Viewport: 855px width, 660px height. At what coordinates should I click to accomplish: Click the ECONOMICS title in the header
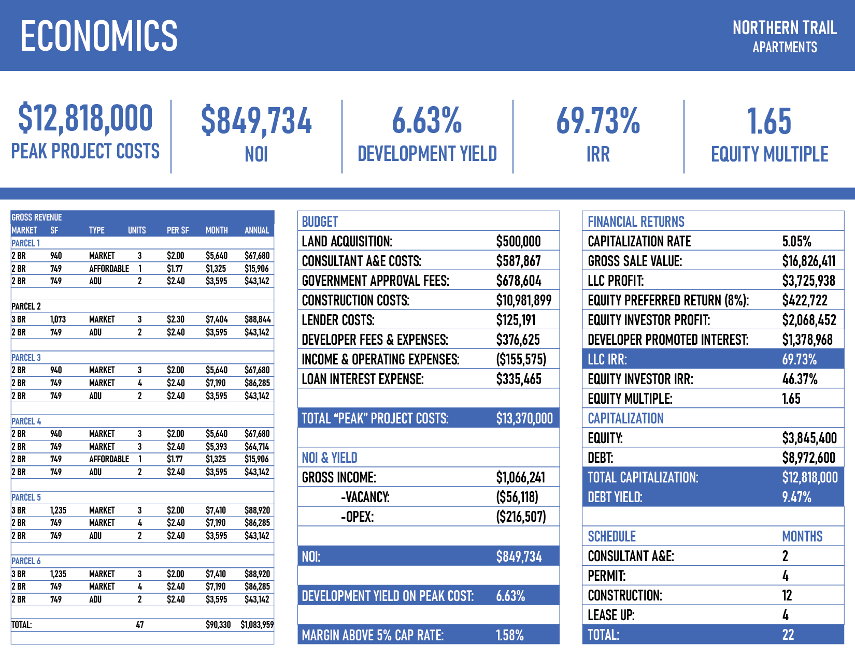pyautogui.click(x=98, y=36)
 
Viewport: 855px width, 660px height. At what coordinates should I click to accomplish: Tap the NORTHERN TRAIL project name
pyautogui.click(x=784, y=28)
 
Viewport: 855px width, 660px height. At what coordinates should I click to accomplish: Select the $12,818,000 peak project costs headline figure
pyautogui.click(x=85, y=118)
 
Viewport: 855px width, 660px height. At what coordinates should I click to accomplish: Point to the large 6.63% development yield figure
pyautogui.click(x=426, y=121)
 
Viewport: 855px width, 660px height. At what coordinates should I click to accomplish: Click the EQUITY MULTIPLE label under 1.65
pyautogui.click(x=769, y=154)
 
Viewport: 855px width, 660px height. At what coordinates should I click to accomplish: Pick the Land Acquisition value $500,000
pyautogui.click(x=518, y=241)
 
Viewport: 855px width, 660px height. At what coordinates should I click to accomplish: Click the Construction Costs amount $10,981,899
pyautogui.click(x=523, y=300)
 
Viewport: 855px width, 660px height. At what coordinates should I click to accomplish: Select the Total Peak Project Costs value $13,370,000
pyautogui.click(x=524, y=418)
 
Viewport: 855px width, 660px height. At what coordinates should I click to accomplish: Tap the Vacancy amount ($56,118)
pyautogui.click(x=517, y=497)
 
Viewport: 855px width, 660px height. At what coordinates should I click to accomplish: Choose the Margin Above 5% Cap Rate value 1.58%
pyautogui.click(x=510, y=635)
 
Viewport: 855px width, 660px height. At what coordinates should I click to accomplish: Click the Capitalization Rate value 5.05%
pyautogui.click(x=796, y=241)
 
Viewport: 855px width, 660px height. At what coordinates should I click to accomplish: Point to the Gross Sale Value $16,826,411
pyautogui.click(x=808, y=261)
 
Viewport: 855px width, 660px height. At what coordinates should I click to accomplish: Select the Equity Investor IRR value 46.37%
pyautogui.click(x=800, y=379)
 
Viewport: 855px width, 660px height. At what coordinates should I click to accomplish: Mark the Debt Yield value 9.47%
pyautogui.click(x=796, y=497)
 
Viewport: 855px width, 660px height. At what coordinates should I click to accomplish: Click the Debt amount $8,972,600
pyautogui.click(x=808, y=458)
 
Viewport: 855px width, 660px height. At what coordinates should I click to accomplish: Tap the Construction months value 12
pyautogui.click(x=787, y=595)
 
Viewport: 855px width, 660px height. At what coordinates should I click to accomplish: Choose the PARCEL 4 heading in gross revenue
pyautogui.click(x=26, y=421)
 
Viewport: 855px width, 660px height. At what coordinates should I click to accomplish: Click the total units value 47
pyautogui.click(x=139, y=625)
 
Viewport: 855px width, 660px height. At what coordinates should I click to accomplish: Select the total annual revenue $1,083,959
pyautogui.click(x=257, y=625)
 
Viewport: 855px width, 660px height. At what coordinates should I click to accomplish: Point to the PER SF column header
pyautogui.click(x=178, y=230)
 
